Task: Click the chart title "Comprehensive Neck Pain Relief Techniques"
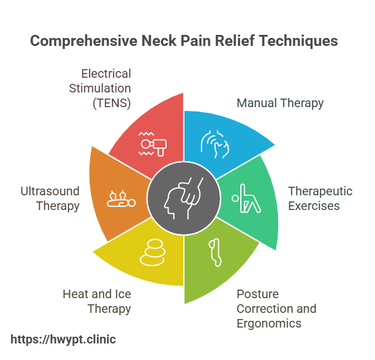183,41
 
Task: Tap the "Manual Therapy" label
280,103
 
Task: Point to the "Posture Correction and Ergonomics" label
276,308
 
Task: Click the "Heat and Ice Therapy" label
97,301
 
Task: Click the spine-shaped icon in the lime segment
214,250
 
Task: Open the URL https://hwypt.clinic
64,339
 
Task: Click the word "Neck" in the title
159,41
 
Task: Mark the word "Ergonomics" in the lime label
268,323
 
